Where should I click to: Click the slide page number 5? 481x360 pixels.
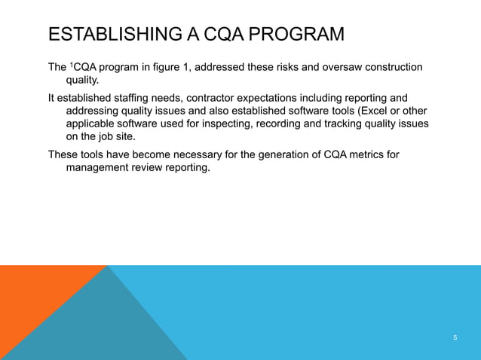(x=455, y=337)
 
